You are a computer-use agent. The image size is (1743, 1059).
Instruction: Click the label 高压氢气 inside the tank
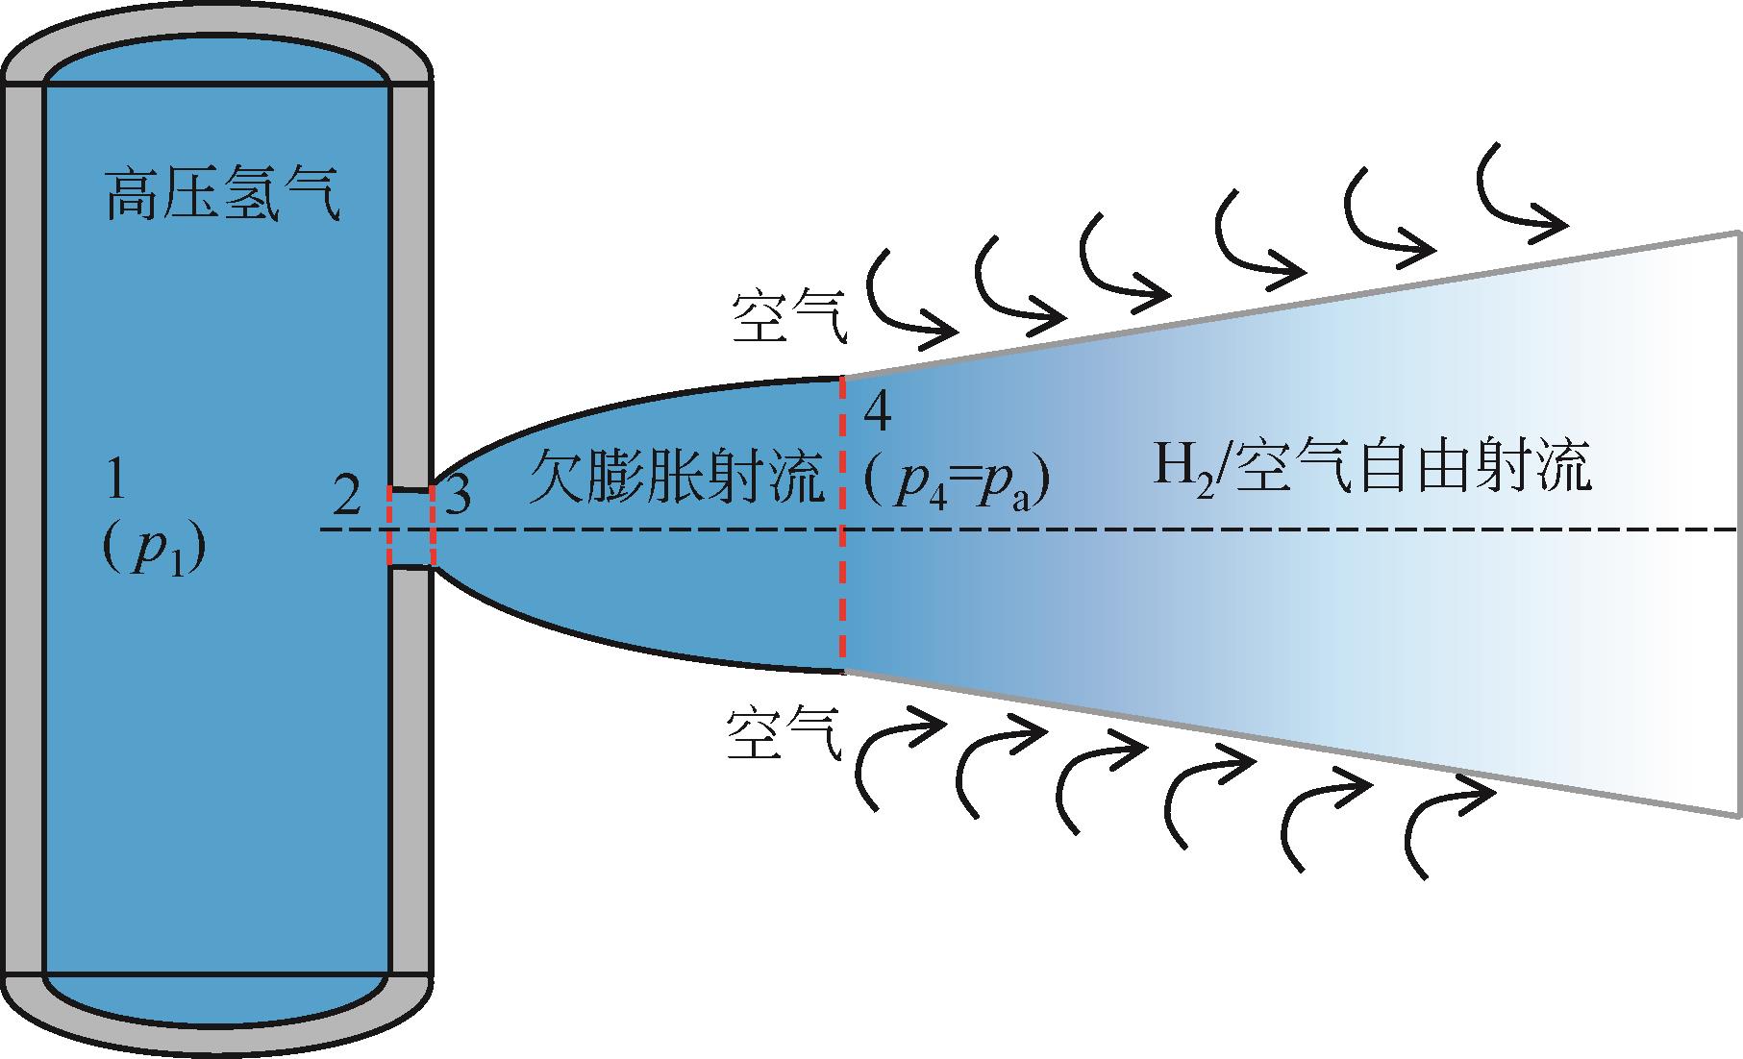[x=222, y=195]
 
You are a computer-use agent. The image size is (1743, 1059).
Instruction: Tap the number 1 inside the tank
[x=115, y=480]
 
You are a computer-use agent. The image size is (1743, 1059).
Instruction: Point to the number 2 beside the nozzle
[x=346, y=497]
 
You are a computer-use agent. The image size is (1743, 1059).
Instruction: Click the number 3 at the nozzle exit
[x=460, y=497]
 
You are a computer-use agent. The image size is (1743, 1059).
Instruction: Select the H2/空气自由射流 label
[x=1371, y=467]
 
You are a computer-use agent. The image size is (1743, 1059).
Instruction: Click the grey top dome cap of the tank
[x=216, y=43]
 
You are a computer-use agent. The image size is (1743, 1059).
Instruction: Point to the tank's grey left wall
[x=23, y=529]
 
